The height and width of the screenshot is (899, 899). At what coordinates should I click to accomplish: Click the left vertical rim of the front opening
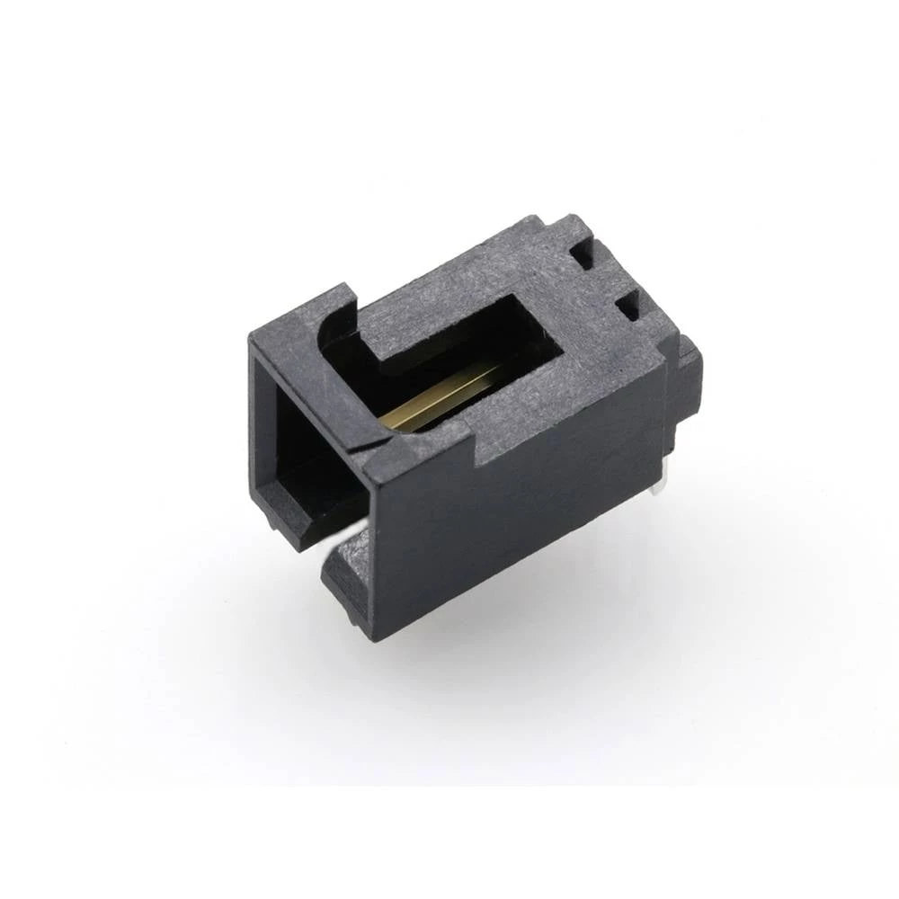pyautogui.click(x=261, y=423)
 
